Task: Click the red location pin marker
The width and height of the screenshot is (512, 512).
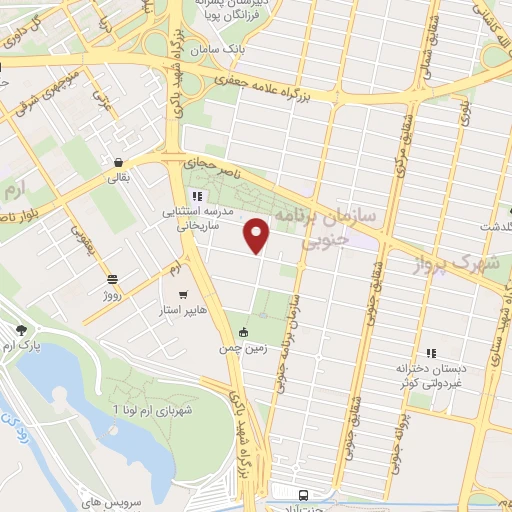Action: [x=258, y=235]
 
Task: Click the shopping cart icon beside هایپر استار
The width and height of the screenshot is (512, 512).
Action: [x=182, y=295]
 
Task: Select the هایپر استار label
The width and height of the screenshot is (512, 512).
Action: [x=188, y=310]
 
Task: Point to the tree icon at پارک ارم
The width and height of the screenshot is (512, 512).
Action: [x=21, y=330]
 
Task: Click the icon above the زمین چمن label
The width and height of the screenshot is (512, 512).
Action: [x=243, y=333]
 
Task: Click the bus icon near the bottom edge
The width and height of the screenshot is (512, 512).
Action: [x=303, y=494]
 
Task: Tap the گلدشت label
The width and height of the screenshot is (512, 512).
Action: [x=490, y=227]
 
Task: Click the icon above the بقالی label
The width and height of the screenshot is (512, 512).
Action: [x=119, y=164]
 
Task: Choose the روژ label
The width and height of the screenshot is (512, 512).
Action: [x=110, y=296]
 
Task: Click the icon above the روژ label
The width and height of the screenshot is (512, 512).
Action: [x=111, y=279]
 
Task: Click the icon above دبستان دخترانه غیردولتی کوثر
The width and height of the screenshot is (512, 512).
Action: [x=431, y=353]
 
